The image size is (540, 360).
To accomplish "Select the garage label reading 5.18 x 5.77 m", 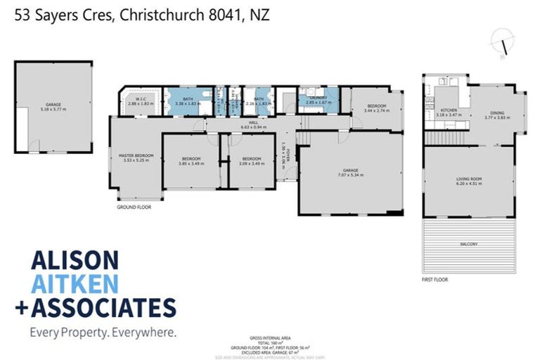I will click(x=53, y=107).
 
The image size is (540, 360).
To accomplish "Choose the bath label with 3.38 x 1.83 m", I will click(x=188, y=101).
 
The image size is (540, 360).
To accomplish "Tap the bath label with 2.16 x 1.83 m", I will click(x=259, y=101).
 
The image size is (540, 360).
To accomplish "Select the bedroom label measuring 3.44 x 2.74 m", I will click(x=375, y=109).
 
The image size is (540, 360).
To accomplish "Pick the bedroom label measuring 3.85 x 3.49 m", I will click(x=191, y=161).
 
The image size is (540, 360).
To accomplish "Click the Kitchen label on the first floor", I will click(x=449, y=114).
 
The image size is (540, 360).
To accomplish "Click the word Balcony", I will click(x=468, y=244).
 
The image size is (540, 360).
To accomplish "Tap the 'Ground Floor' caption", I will click(x=134, y=207).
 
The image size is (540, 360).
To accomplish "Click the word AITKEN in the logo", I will click(x=75, y=283).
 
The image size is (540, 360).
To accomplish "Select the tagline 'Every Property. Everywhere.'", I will click(x=103, y=331).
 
